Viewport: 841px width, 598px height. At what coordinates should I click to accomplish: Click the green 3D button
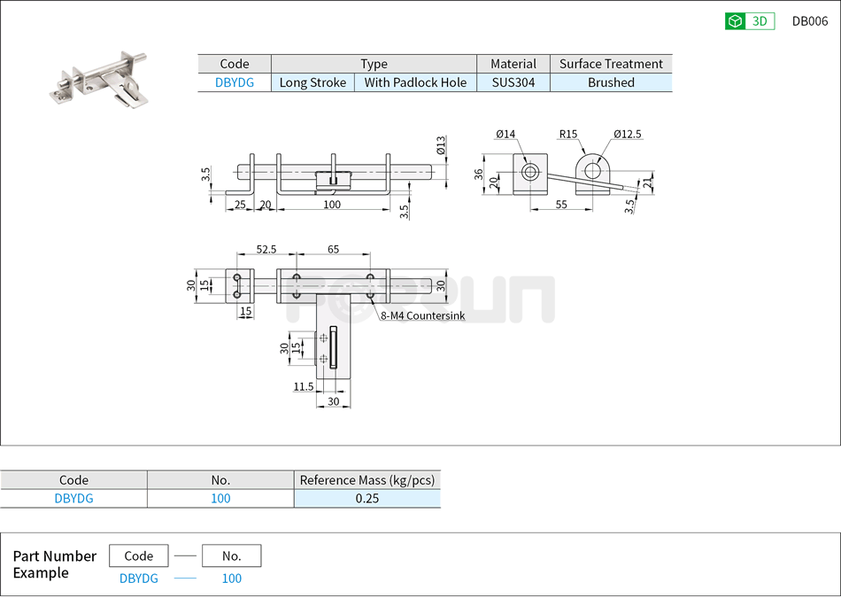749,21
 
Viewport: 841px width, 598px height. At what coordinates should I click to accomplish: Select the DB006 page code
809,21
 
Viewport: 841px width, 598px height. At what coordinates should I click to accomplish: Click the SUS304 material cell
513,82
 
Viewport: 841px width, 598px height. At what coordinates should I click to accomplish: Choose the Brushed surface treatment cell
611,82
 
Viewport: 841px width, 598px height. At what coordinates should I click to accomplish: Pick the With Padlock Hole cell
415,82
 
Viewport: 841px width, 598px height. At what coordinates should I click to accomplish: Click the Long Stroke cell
312,82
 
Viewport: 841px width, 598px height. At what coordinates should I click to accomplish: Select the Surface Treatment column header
611,64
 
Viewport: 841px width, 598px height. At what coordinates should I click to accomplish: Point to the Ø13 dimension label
441,145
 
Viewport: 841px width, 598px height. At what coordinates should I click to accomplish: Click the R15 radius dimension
567,135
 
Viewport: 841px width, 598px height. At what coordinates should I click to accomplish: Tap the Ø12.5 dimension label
627,135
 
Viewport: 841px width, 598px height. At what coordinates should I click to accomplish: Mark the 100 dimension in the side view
331,205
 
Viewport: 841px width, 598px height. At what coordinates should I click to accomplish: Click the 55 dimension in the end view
561,205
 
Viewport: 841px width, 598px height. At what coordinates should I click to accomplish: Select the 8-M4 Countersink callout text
422,315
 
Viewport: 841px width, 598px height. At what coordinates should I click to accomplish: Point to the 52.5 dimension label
266,250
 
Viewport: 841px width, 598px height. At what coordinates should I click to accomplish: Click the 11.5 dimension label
303,387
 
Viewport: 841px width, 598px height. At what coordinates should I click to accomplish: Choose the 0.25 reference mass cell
366,498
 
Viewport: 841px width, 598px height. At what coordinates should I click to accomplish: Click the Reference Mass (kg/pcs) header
366,480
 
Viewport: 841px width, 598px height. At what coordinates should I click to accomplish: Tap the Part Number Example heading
54,564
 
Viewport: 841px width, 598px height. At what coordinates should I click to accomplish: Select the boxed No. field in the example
231,555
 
